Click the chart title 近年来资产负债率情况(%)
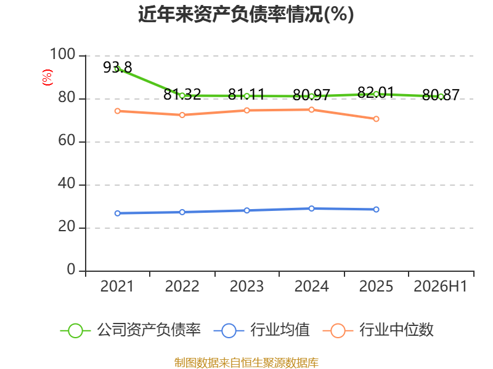[246, 14]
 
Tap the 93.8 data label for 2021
[118, 67]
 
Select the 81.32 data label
[182, 94]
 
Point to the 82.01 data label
[376, 93]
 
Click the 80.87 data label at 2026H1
[441, 95]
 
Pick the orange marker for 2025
[376, 119]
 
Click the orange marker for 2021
[118, 111]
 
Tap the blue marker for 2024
[312, 208]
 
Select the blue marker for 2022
[182, 212]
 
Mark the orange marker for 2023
[247, 111]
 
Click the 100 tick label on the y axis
[63, 54]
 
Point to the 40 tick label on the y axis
[67, 183]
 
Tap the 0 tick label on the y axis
[71, 269]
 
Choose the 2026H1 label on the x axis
[441, 287]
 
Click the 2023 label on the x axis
[247, 287]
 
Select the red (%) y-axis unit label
[47, 77]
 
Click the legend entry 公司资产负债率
[131, 330]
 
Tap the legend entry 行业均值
[261, 330]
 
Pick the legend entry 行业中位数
[378, 330]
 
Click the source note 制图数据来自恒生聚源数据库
[246, 362]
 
